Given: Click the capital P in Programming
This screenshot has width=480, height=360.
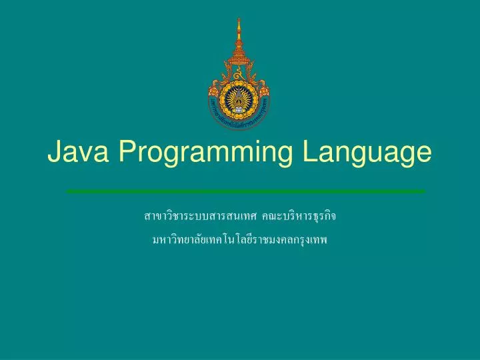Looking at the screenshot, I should click(128, 153).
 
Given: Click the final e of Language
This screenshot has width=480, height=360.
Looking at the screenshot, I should click(424, 155).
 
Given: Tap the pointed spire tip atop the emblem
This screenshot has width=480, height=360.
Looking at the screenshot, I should click(239, 21).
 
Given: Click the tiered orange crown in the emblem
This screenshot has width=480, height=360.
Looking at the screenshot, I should click(239, 53).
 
